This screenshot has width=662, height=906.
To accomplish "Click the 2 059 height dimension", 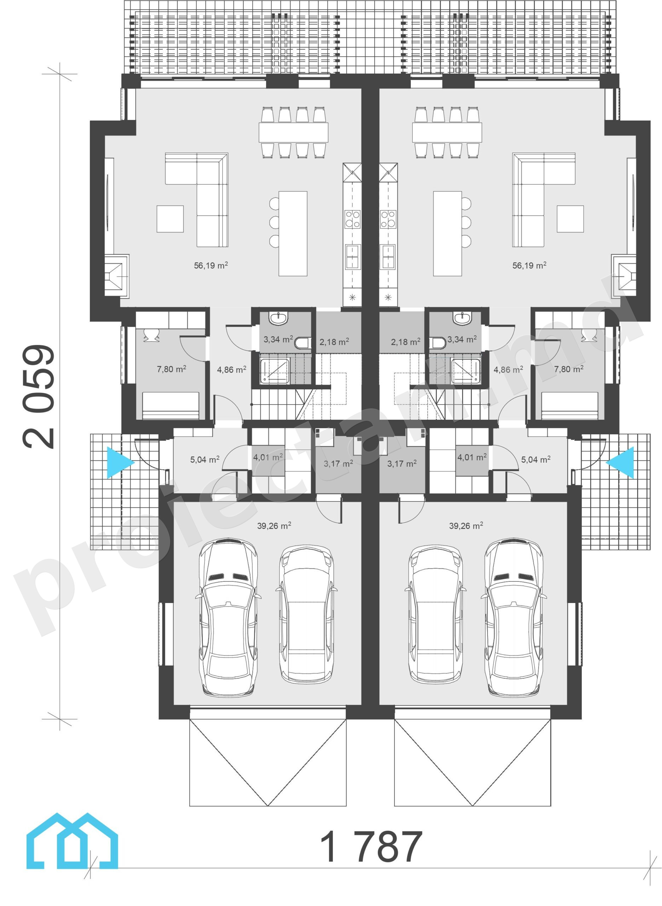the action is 39,397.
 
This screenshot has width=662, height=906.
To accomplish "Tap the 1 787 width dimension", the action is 371,846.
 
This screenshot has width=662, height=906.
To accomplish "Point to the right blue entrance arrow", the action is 620,463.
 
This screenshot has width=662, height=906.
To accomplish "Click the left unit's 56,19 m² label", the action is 211,265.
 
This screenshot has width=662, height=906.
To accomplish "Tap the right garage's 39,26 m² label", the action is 466,525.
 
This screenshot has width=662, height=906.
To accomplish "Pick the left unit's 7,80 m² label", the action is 172,369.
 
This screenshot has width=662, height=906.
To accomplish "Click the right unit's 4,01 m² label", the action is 472,457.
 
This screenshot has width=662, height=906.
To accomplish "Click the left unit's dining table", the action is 293,132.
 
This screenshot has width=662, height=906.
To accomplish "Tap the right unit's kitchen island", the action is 447,234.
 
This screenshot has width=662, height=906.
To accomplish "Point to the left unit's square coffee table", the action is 170,219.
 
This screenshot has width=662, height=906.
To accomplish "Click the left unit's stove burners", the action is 353,219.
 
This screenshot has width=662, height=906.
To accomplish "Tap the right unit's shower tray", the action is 466,372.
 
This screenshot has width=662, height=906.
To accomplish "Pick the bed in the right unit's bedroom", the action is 569,406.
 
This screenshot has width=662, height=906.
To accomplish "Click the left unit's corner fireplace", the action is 117,276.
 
